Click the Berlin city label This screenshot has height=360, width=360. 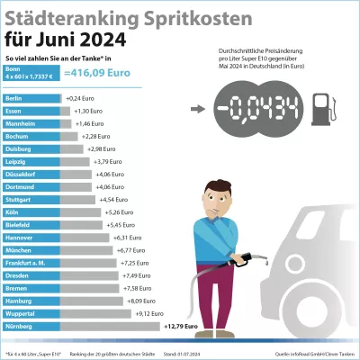(x=13, y=97)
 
